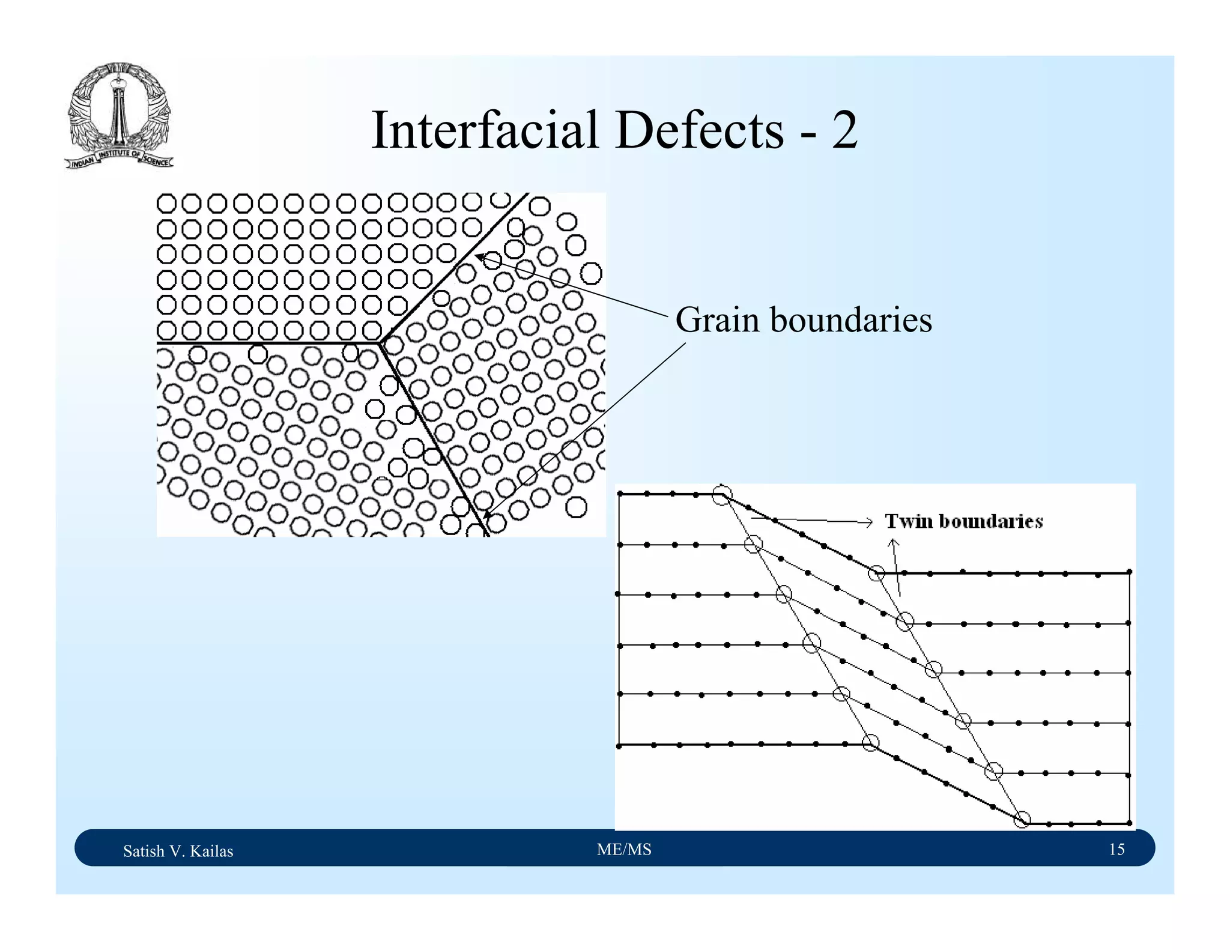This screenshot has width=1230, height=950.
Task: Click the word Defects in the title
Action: (x=699, y=130)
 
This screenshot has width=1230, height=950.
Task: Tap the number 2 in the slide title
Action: (x=844, y=130)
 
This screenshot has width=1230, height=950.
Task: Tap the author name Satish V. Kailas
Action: (x=178, y=851)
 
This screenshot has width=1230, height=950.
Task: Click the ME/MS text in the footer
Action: (x=624, y=849)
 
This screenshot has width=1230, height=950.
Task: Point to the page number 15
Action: (x=1116, y=849)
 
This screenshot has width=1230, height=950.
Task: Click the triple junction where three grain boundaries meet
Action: (x=380, y=343)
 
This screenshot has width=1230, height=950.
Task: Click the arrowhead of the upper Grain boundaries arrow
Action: (x=479, y=256)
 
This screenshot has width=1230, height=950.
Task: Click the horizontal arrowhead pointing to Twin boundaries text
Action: (x=869, y=522)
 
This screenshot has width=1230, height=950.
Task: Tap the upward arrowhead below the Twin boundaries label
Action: (x=893, y=542)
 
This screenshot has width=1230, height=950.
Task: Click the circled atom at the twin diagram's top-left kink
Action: (x=722, y=495)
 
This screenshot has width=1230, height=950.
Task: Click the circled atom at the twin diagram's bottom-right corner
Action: (x=1022, y=820)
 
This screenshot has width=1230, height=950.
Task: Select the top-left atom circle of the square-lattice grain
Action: (x=166, y=204)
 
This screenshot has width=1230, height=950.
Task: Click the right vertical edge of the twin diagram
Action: (x=1130, y=697)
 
